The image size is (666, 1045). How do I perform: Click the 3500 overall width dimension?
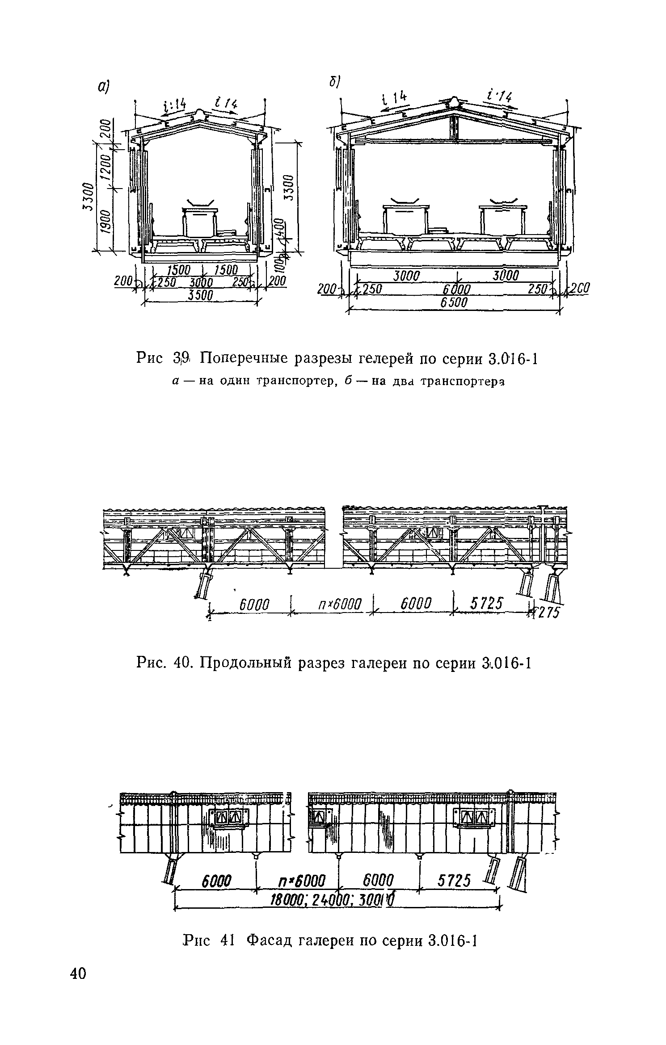pyautogui.click(x=200, y=296)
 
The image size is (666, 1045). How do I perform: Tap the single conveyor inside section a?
pyautogui.click(x=200, y=221)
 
